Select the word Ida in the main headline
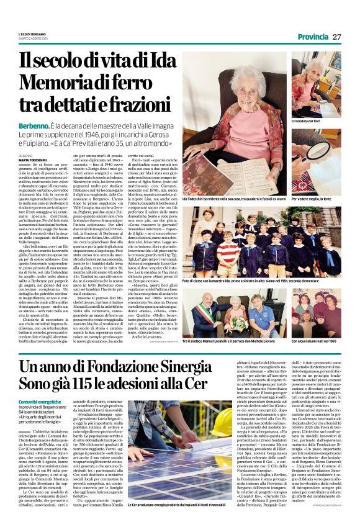154,60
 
